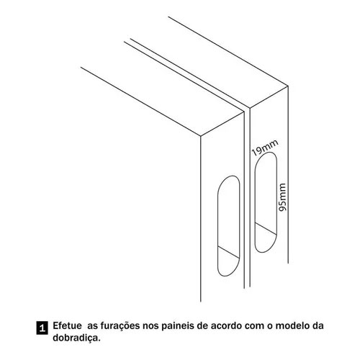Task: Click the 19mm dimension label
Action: [265, 148]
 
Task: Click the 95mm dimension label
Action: [282, 197]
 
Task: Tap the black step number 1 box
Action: [42, 328]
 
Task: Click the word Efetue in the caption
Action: [67, 325]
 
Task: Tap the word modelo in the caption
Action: [291, 326]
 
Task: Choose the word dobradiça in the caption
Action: [76, 338]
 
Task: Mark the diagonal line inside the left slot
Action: [228, 252]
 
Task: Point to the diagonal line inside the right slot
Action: [266, 228]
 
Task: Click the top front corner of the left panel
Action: [201, 136]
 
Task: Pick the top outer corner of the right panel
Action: [287, 86]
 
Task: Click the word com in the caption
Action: [255, 327]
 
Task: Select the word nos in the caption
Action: [150, 327]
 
